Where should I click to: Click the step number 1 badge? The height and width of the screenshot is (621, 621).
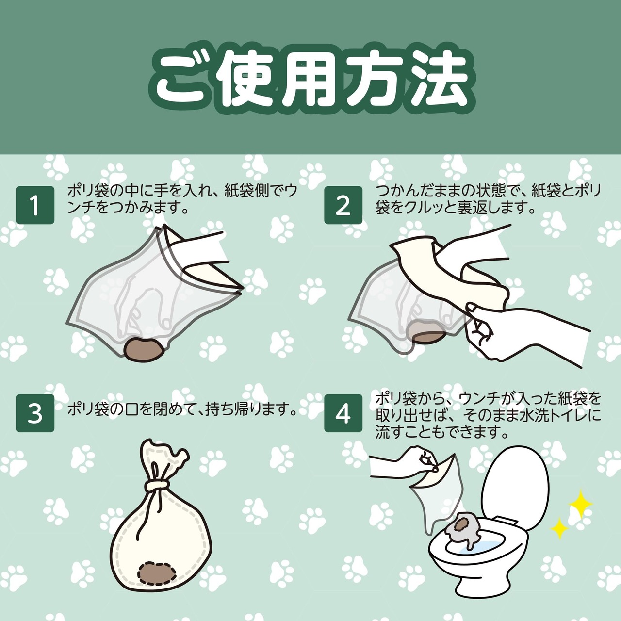[x=35, y=205]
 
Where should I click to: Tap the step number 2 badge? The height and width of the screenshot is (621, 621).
[x=343, y=205]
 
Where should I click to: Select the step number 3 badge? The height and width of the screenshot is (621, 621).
[x=35, y=413]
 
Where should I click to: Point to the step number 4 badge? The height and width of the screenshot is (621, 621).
[x=343, y=413]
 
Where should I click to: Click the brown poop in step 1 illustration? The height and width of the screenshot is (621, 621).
[x=144, y=349]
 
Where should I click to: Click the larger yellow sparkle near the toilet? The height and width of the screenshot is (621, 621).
[x=580, y=505]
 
